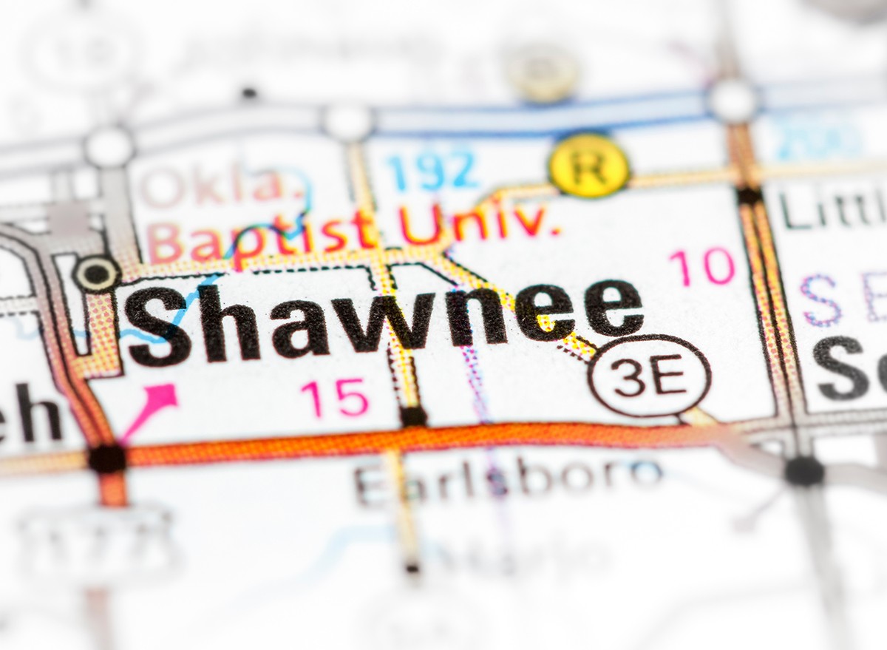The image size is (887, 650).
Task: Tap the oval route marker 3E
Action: click(x=649, y=376)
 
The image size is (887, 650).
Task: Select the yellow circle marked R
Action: click(x=589, y=166)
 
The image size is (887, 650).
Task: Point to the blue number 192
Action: click(x=432, y=170)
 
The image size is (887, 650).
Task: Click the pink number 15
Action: click(x=335, y=398)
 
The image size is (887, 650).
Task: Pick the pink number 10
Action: click(x=701, y=267)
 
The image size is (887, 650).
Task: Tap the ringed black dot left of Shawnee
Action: click(x=96, y=274)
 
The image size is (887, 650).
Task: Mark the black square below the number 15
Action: click(x=413, y=416)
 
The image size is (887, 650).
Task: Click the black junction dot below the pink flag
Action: click(x=107, y=458)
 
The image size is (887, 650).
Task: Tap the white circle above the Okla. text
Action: click(x=109, y=146)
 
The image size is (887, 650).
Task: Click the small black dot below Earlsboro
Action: click(x=412, y=568)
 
